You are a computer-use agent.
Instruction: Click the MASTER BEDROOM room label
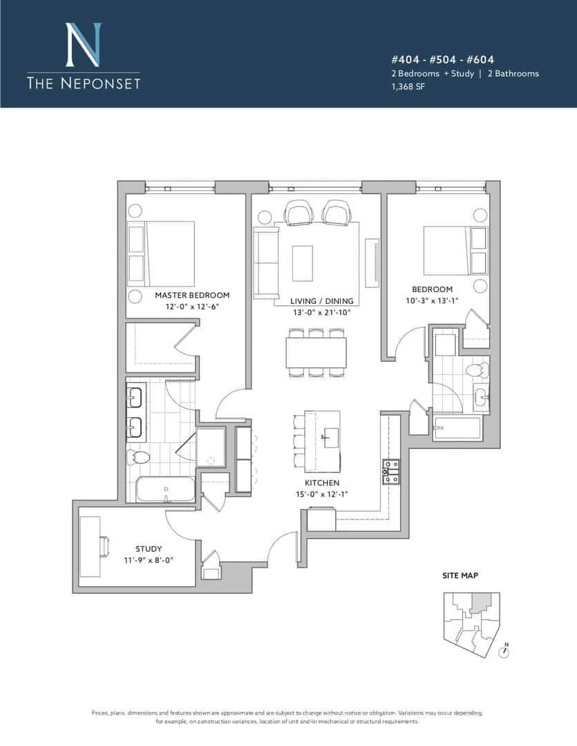pyautogui.click(x=192, y=295)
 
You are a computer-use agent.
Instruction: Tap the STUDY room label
pyautogui.click(x=149, y=548)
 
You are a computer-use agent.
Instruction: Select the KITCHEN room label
pyautogui.click(x=322, y=483)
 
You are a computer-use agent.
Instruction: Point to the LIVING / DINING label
pyautogui.click(x=322, y=301)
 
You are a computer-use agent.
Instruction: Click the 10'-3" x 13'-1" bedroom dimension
pyautogui.click(x=432, y=300)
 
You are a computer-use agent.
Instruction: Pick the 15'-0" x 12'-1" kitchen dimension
pyautogui.click(x=322, y=495)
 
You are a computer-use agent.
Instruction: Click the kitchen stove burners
pyautogui.click(x=391, y=472)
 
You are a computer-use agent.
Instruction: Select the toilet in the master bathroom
pyautogui.click(x=138, y=457)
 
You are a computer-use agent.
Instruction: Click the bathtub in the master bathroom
pyautogui.click(x=165, y=488)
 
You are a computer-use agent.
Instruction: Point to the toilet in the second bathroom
pyautogui.click(x=477, y=370)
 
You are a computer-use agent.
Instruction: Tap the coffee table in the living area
pyautogui.click(x=302, y=263)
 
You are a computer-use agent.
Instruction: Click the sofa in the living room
pyautogui.click(x=266, y=263)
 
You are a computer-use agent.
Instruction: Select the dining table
pyautogui.click(x=316, y=352)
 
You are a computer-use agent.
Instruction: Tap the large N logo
pyautogui.click(x=84, y=45)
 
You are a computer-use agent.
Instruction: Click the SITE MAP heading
pyautogui.click(x=460, y=575)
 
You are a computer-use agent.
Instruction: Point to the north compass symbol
pyautogui.click(x=504, y=652)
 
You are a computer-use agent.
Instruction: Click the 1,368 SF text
pyautogui.click(x=408, y=86)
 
